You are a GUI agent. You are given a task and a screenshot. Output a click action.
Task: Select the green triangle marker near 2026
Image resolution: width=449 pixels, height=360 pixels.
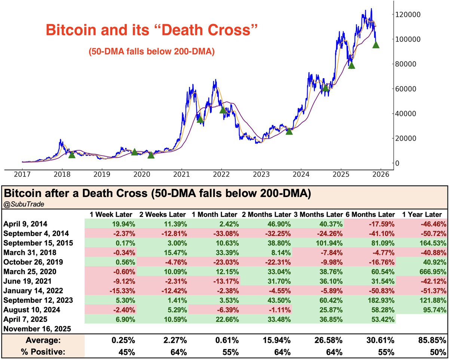pos(376,45)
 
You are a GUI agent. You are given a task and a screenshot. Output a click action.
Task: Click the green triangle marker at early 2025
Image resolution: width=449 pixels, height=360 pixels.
pos(351,65)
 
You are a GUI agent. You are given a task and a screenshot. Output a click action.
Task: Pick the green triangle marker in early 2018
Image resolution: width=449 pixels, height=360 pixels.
pos(72,154)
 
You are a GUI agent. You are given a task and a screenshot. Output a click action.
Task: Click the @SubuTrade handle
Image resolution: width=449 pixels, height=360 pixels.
pos(18,204)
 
